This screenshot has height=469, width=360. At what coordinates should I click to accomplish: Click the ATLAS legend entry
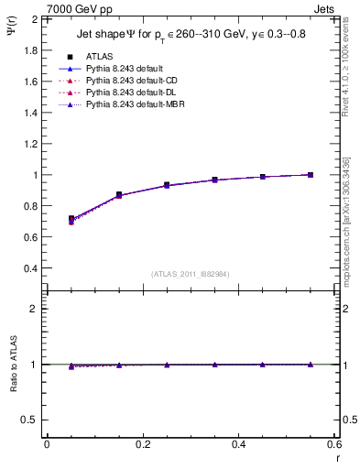tap(98, 56)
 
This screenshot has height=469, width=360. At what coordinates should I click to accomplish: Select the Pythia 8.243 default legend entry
tap(123, 69)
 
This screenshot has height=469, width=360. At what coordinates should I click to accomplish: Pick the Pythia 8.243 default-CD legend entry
tap(129, 81)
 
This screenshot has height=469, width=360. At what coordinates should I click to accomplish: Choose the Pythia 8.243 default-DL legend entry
tap(128, 93)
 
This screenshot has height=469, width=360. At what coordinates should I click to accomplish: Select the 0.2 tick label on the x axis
tap(143, 443)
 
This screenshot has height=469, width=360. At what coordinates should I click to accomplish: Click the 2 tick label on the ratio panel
tap(35, 309)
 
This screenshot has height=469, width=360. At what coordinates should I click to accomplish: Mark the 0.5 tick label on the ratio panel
tap(31, 420)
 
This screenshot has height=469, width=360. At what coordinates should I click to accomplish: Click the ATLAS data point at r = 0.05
tap(71, 219)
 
